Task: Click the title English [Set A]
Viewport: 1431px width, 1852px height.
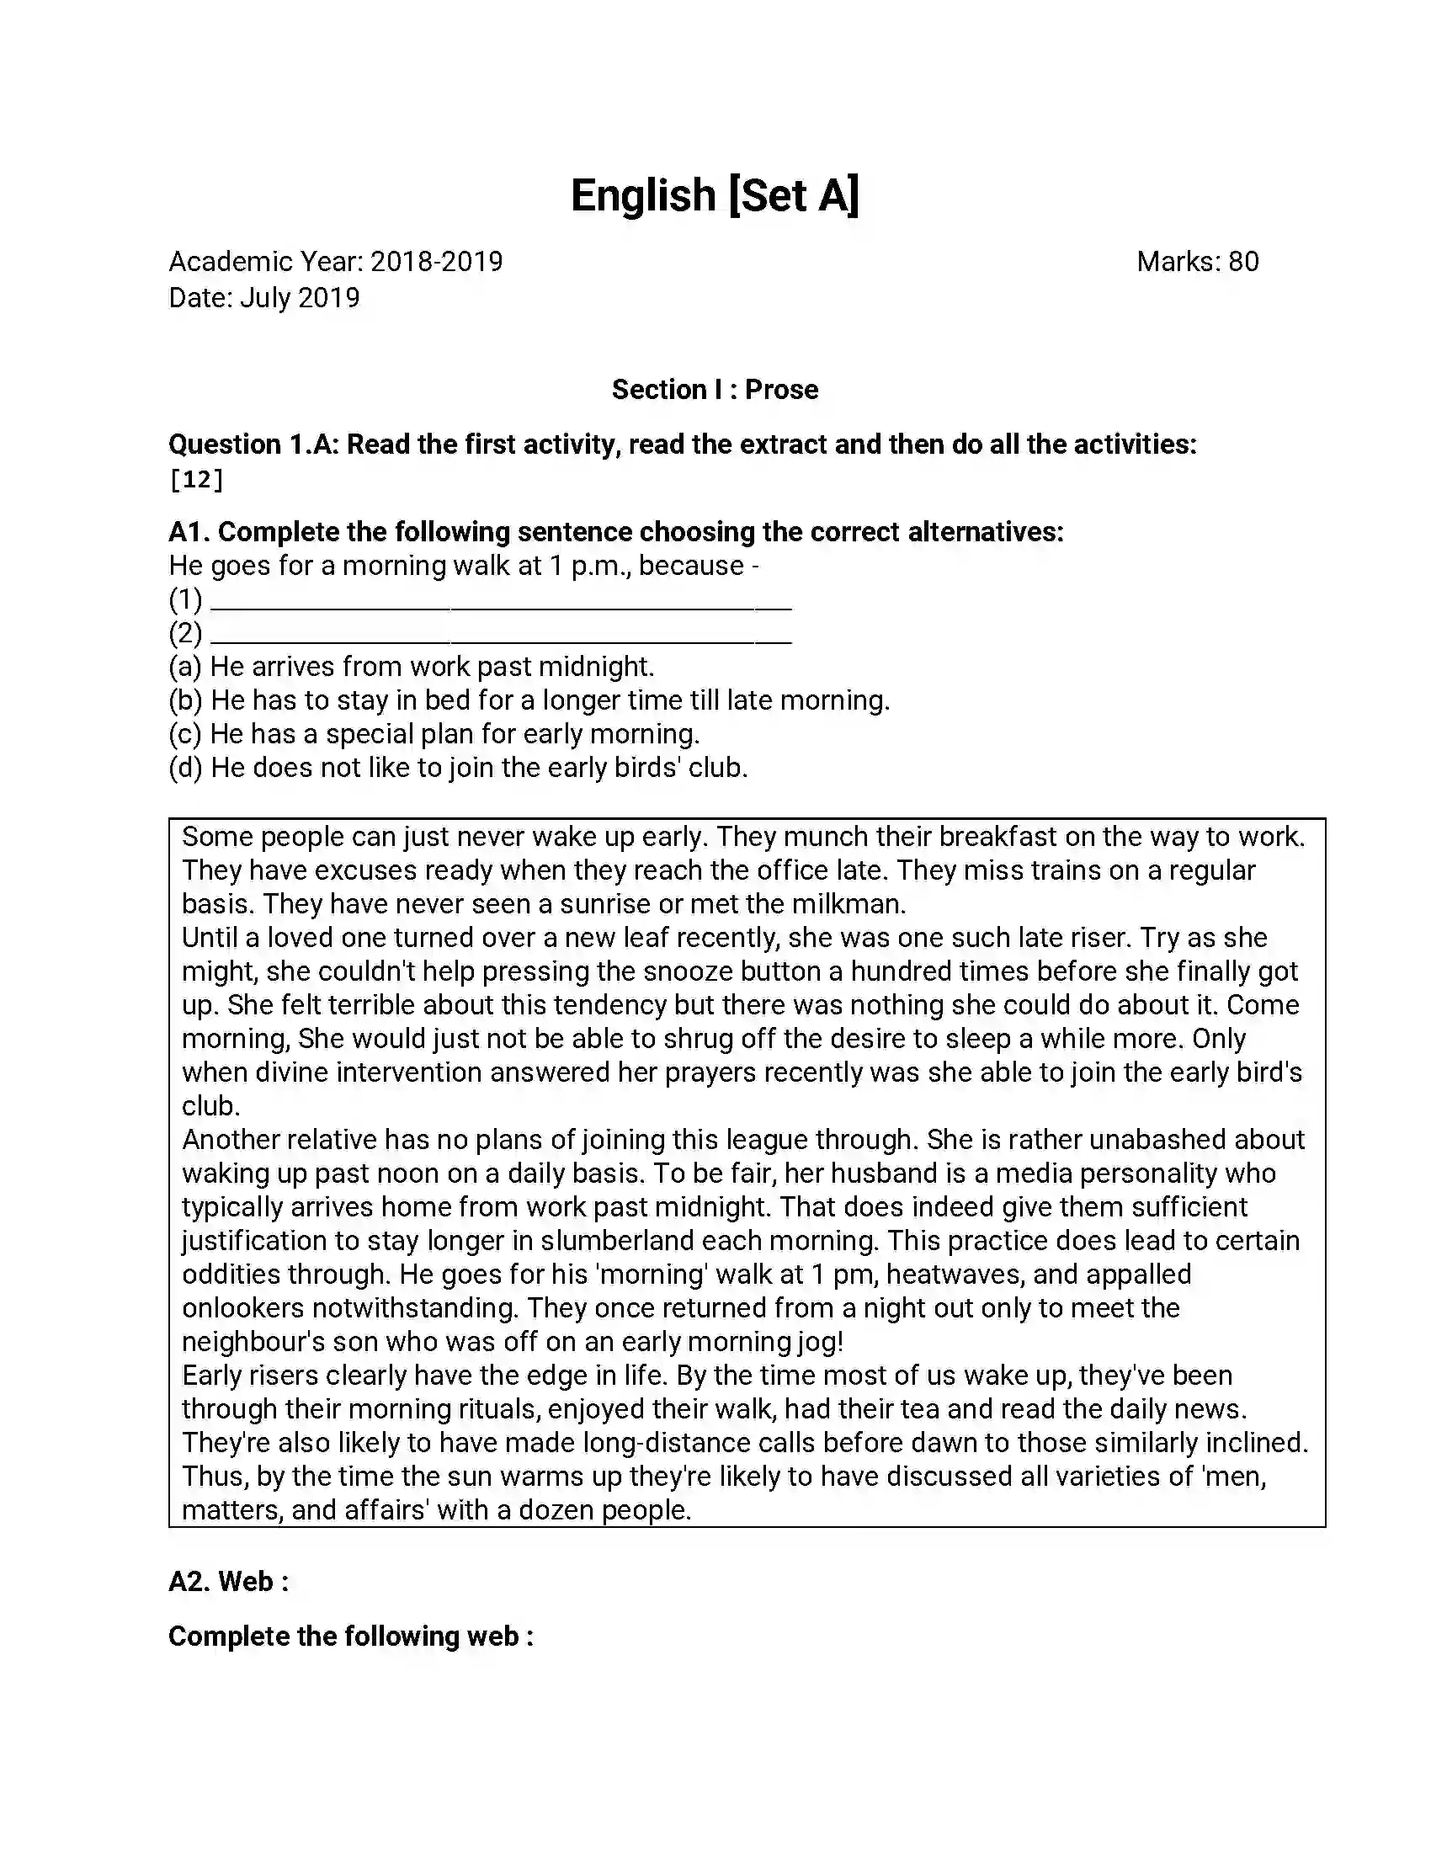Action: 715,195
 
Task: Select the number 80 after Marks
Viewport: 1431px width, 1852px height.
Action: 1242,262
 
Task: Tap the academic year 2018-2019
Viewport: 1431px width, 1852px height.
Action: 437,262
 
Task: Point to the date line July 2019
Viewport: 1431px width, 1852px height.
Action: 263,298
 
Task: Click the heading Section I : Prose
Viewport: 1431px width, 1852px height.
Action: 715,390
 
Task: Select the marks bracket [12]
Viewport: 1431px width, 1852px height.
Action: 196,480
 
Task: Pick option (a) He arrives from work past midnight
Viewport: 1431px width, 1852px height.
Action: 411,668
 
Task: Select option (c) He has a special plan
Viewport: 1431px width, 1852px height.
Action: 434,734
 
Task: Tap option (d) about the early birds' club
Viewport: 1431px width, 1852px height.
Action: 458,769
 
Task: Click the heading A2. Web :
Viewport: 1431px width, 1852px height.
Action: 228,1582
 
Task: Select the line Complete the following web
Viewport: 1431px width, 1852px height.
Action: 350,1636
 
